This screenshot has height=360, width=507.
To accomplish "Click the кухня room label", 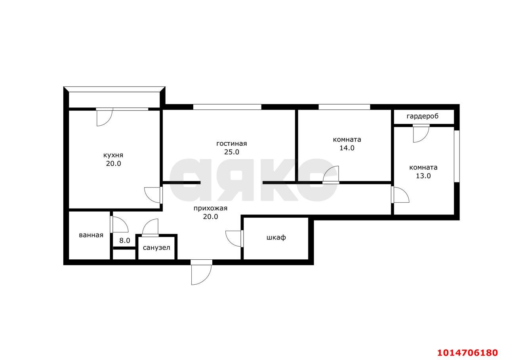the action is (113, 155).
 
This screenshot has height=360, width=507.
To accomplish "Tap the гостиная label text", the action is (232, 144).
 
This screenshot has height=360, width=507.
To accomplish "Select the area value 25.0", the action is (232, 152).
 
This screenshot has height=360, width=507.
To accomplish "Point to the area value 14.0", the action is (347, 148).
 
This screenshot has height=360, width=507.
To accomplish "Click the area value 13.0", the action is (423, 176).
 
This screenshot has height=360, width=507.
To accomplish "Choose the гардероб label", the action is (422, 117).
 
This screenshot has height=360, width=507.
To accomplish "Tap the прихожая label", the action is (210, 209).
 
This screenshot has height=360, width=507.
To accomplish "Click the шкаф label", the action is (276, 237).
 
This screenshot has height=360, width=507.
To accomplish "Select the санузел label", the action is (156, 248).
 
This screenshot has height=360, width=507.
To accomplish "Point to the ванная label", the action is (91, 235).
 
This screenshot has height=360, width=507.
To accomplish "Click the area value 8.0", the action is (125, 241).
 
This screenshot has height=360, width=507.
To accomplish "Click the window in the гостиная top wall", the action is (227, 107).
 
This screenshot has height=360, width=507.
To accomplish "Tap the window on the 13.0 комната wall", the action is (457, 156).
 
